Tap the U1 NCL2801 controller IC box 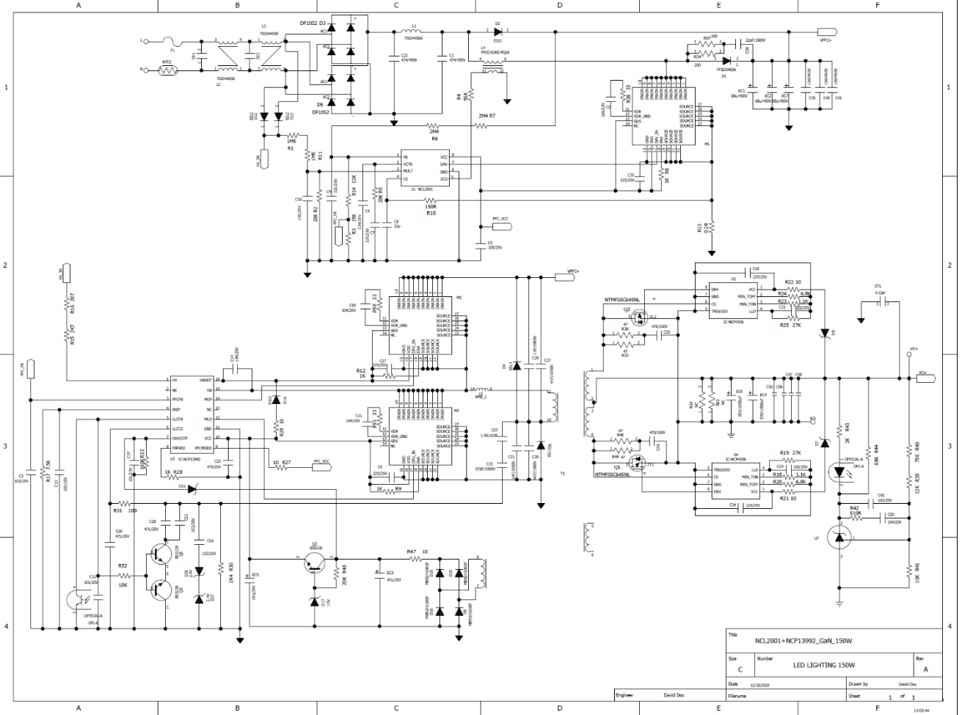coord(424,168)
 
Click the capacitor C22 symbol coord(395,56)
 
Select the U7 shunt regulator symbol coord(839,538)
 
